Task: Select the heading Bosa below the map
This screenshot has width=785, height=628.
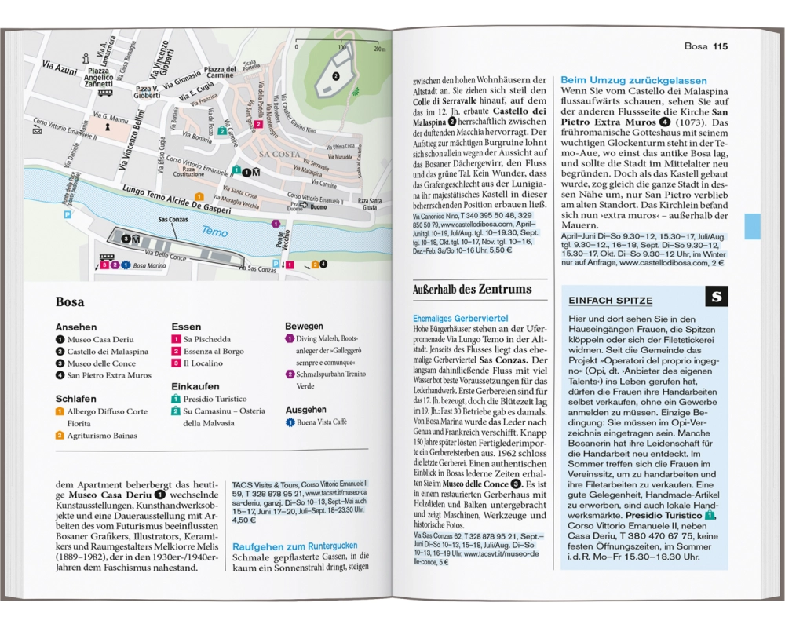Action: click(70, 301)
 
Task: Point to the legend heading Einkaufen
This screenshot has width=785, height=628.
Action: click(196, 386)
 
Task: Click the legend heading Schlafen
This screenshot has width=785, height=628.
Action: click(76, 399)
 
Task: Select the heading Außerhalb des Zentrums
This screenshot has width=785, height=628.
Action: click(472, 290)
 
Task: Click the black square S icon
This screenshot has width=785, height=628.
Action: click(716, 298)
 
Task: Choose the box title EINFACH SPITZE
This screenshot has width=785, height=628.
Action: click(611, 301)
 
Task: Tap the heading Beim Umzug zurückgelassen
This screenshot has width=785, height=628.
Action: click(633, 81)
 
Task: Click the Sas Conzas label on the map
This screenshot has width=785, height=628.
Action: click(173, 221)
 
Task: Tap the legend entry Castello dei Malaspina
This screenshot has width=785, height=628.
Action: click(108, 352)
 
